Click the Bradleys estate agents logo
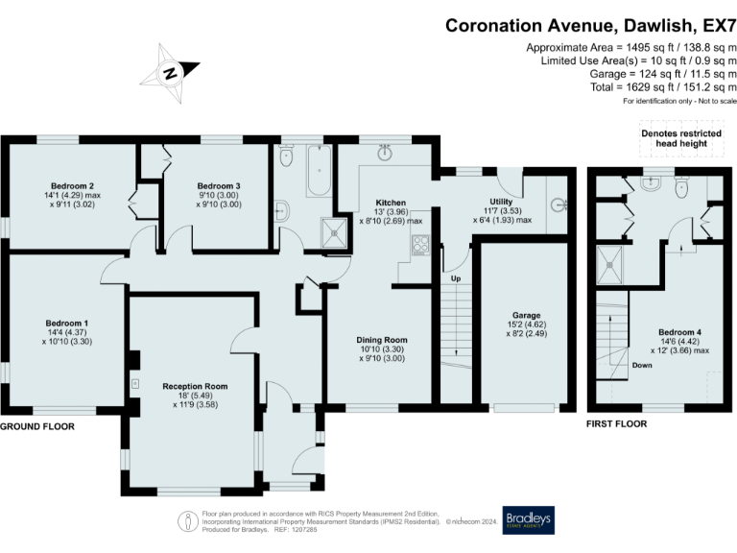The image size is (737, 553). coord(529,520)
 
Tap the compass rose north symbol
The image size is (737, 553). coord(170,73)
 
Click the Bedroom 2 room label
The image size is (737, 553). coord(72,186)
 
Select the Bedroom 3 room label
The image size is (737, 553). coord(219,186)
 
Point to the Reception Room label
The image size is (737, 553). coord(195,387)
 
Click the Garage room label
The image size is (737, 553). coord(527,315)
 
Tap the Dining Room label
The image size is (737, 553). coord(382,340)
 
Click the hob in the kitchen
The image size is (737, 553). coord(420,245)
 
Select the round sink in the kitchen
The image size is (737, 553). coord(385,153)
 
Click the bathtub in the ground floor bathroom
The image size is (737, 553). coord(320,171)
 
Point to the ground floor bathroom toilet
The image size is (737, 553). coord(286,156)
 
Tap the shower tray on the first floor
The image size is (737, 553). coord(609,265)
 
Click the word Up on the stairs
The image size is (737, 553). coord(456,278)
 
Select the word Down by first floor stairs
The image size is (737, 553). coord(642,366)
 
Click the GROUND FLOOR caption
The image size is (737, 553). coord(37,426)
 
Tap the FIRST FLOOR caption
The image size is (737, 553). coord(616,424)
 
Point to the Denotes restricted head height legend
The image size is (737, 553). coord(681,138)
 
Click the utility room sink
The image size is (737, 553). coord(559,205)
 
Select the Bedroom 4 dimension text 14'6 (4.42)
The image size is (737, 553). coord(680,342)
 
